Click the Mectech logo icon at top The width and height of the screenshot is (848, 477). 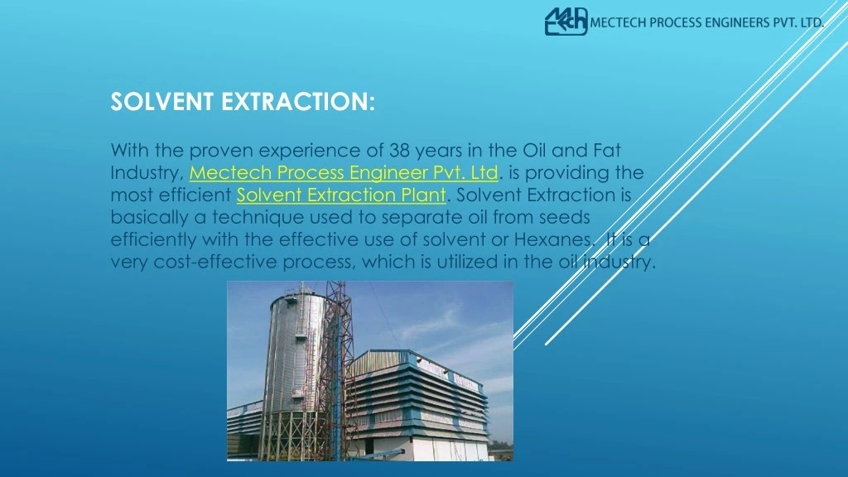coord(566,22)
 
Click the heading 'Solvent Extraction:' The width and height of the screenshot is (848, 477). coord(243,102)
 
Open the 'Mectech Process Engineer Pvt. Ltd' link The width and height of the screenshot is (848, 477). coord(344,173)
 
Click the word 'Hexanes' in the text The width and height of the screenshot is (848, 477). coord(552,240)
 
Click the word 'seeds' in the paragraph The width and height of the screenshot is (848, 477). coord(565,218)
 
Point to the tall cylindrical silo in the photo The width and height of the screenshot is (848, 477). coord(294,373)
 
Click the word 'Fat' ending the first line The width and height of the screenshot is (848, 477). coord(607,151)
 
